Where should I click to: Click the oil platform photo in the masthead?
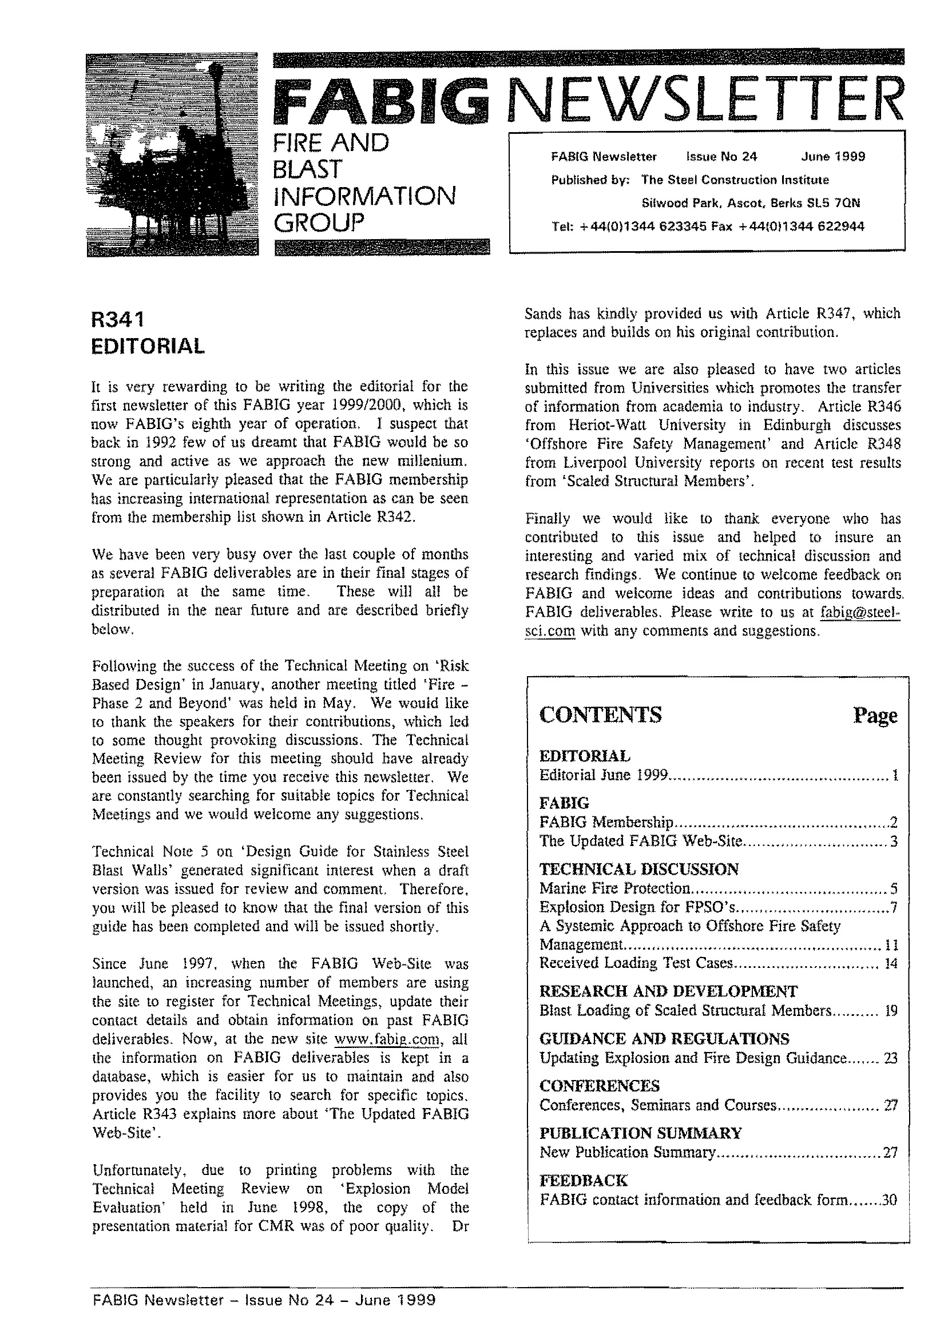click(172, 154)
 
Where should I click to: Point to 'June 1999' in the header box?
click(833, 156)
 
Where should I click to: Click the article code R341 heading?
click(117, 320)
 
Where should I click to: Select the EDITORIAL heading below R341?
click(148, 347)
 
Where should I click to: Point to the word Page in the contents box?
click(874, 716)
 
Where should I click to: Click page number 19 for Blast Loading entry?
click(891, 1011)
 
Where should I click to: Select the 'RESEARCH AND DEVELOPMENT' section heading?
click(668, 991)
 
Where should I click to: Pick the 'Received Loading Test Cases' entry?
click(636, 963)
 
